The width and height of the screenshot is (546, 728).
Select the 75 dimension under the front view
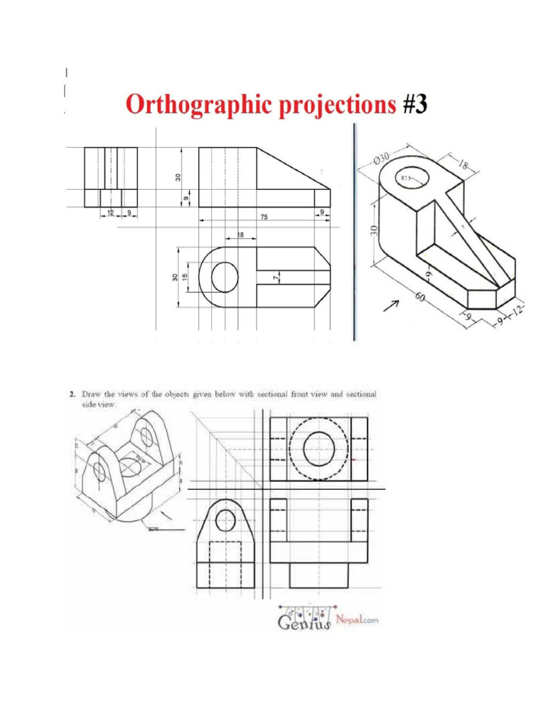263,218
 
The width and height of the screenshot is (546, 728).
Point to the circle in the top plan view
225,274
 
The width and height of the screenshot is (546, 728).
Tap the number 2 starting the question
72,393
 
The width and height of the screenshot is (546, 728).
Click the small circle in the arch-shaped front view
225,520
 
